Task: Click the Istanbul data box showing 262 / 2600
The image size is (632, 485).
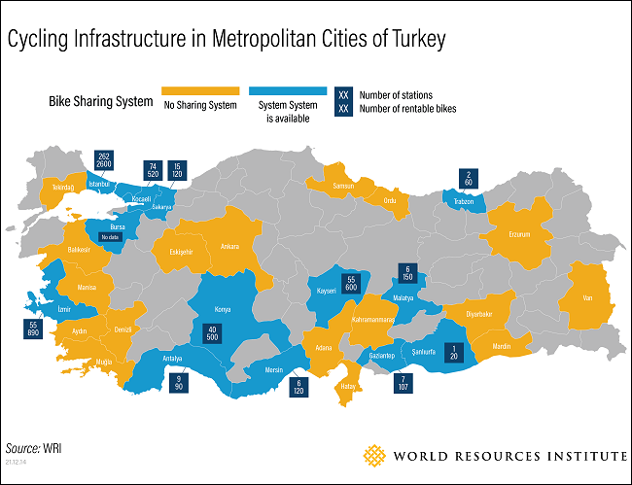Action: point(105,161)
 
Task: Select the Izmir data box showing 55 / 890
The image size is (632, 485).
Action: point(35,329)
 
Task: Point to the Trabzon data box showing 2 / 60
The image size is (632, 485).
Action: point(469,178)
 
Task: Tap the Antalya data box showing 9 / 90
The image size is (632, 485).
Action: point(179,382)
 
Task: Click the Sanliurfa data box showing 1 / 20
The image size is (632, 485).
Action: point(453,354)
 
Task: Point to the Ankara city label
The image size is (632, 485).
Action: point(229,246)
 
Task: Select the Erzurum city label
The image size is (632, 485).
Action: point(520,233)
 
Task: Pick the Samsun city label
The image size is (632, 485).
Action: point(343,185)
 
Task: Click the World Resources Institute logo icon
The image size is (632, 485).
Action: point(374,455)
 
